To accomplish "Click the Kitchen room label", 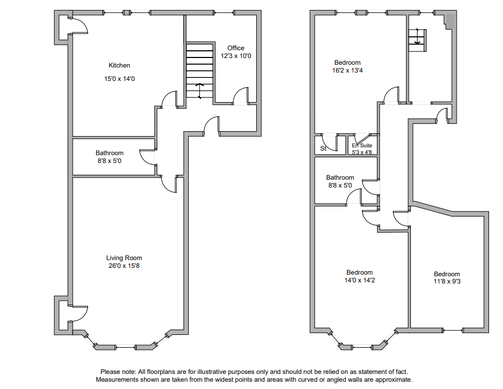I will [119, 65].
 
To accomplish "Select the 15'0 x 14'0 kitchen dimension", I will [119, 79].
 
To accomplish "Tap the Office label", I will [236, 48].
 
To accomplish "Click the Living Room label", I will [124, 258].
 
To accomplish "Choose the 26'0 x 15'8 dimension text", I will [124, 266].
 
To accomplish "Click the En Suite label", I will [362, 145].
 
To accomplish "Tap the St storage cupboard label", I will [323, 148].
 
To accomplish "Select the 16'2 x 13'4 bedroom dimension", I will [347, 70].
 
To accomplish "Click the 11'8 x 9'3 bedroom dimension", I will [447, 282].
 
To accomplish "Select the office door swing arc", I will [241, 95].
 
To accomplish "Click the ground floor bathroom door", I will [147, 157].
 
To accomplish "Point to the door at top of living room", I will [168, 185].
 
